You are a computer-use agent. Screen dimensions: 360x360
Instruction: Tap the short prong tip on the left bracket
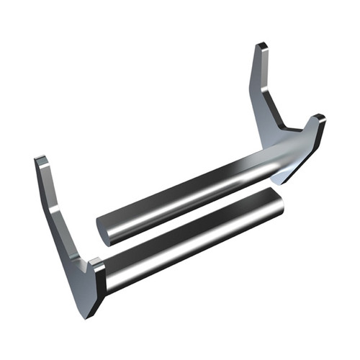click(x=98, y=262)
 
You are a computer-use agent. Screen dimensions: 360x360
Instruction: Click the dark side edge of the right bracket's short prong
click(x=317, y=140)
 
